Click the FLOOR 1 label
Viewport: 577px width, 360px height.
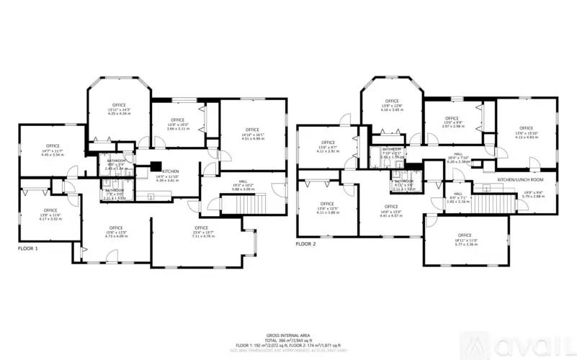coord(28,248)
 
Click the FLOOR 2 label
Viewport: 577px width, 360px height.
coord(306,244)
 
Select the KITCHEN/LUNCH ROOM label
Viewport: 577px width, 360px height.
coord(519,179)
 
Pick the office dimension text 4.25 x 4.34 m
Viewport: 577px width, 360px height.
coord(119,114)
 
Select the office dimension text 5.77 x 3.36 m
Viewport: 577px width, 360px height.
coord(464,244)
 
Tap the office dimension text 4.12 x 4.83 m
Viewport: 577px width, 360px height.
coord(527,137)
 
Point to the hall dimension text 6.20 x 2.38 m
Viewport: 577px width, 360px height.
coord(458,162)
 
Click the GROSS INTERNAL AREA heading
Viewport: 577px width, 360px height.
coord(287,336)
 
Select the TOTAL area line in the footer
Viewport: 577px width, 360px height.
coord(287,341)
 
